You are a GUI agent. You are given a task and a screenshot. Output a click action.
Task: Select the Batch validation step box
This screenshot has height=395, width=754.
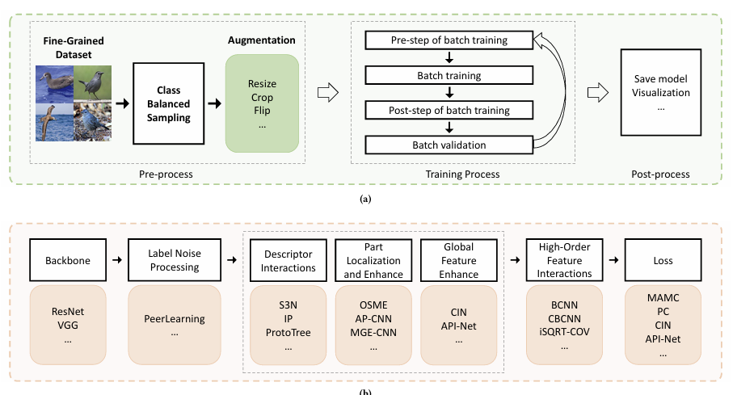point(450,145)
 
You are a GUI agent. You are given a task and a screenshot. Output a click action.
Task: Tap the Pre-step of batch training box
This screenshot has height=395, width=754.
point(450,40)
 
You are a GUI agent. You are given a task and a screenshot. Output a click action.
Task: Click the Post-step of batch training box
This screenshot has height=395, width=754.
point(450,111)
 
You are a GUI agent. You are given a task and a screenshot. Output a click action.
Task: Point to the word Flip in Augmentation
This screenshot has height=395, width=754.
point(262,111)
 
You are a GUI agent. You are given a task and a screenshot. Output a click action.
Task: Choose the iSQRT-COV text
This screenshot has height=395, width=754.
point(564,333)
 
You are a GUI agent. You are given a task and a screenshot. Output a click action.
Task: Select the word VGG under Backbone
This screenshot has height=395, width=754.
point(69,326)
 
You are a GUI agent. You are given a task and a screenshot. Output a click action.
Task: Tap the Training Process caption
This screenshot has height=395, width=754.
point(461,174)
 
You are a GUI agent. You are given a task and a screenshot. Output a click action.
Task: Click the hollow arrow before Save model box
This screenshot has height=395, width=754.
point(596,93)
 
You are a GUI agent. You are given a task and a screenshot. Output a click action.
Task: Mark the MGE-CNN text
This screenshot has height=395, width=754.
point(373,333)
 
